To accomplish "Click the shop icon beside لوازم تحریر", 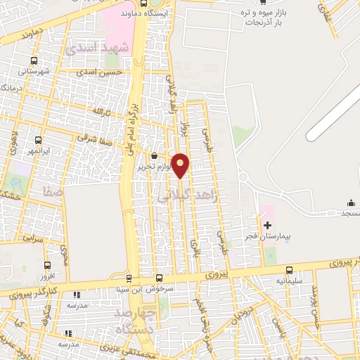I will pos(154,155).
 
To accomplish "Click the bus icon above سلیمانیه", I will pos(289,270).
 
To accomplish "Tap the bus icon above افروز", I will pos(47,265).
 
